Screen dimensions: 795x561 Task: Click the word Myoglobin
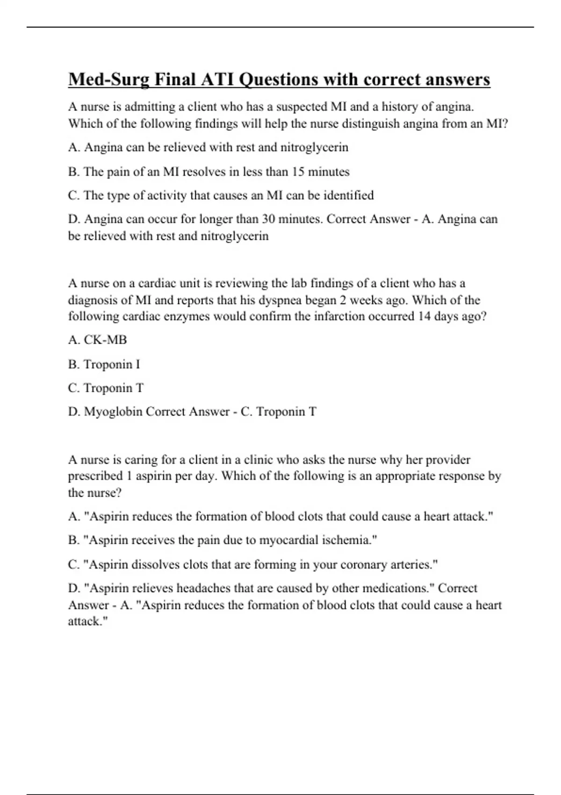click(113, 412)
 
